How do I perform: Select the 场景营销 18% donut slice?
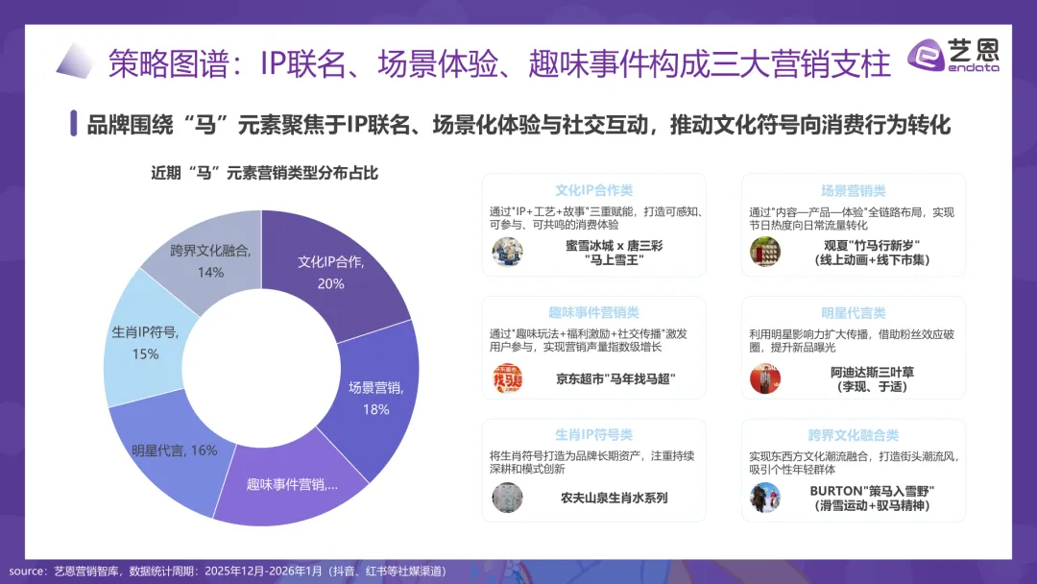click(x=374, y=394)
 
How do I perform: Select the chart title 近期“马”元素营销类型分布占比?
click(x=264, y=173)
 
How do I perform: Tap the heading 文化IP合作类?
click(x=593, y=190)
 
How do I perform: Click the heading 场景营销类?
click(x=853, y=190)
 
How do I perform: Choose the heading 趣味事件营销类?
click(x=593, y=312)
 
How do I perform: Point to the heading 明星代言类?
click(x=853, y=312)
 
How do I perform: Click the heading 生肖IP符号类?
click(x=593, y=434)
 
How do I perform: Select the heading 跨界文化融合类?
click(x=853, y=434)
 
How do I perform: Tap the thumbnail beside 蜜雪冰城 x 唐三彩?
click(x=507, y=252)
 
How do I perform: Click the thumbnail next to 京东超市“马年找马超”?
click(x=507, y=378)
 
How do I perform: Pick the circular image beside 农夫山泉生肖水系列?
click(x=507, y=498)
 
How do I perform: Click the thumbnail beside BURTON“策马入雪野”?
click(x=765, y=498)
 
